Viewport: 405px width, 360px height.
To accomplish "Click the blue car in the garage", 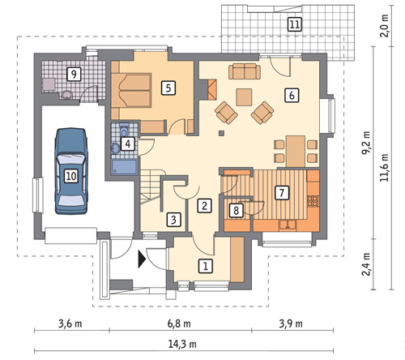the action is pyautogui.click(x=71, y=171).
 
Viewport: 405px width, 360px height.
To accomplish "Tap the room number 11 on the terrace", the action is pyautogui.click(x=294, y=24).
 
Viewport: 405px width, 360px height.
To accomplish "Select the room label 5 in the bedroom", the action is pyautogui.click(x=168, y=88).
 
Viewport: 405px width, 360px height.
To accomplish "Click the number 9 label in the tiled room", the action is pyautogui.click(x=74, y=74).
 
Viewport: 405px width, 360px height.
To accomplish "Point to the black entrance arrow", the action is pyautogui.click(x=142, y=259).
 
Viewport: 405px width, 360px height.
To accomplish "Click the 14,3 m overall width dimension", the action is pyautogui.click(x=182, y=344).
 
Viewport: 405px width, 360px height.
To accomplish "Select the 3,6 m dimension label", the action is pyautogui.click(x=70, y=324).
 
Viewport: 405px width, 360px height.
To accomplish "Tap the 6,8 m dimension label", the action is pyautogui.click(x=179, y=324).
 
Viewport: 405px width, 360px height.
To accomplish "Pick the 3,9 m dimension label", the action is pyautogui.click(x=291, y=324).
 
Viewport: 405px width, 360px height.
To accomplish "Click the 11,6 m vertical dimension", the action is pyautogui.click(x=384, y=168).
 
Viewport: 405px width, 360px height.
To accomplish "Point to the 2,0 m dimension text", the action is pyautogui.click(x=384, y=26).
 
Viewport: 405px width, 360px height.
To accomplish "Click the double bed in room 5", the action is pyautogui.click(x=131, y=91).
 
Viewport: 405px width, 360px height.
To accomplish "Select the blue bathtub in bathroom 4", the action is pyautogui.click(x=124, y=167).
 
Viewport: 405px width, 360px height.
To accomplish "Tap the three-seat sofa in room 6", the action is pyautogui.click(x=245, y=71).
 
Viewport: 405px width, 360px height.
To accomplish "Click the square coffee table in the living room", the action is pyautogui.click(x=244, y=97).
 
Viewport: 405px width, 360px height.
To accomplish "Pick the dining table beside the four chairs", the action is pyautogui.click(x=296, y=152).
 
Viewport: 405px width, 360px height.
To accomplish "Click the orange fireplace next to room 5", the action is pyautogui.click(x=212, y=89).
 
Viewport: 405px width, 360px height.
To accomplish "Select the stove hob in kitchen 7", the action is pyautogui.click(x=313, y=201).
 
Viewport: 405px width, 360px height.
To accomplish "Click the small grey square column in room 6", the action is pyautogui.click(x=222, y=133).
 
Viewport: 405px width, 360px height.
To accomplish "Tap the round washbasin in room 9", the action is pyautogui.click(x=66, y=95).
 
